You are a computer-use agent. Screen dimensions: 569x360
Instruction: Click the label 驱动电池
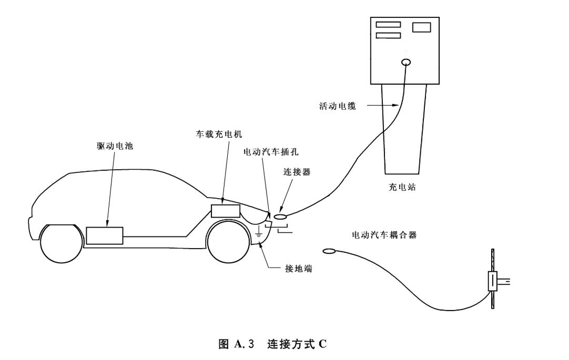[115, 146]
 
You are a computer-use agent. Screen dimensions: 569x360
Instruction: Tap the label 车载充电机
[219, 135]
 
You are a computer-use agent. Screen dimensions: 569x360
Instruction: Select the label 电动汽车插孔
[271, 152]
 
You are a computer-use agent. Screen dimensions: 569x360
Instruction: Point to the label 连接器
[297, 172]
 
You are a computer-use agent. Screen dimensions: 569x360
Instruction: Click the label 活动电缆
[338, 106]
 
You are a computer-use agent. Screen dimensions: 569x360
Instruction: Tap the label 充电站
[402, 188]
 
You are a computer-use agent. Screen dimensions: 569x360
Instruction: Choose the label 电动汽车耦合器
[384, 235]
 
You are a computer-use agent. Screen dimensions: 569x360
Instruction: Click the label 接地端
[298, 269]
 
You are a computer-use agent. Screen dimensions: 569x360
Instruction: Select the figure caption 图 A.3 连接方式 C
[272, 344]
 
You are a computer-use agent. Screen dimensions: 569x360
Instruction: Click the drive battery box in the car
[105, 235]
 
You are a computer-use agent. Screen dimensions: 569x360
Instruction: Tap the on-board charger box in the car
[226, 211]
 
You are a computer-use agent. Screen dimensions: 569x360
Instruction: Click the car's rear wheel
[62, 244]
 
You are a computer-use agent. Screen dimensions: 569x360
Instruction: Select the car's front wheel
[228, 242]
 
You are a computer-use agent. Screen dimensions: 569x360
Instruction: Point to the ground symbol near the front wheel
[258, 232]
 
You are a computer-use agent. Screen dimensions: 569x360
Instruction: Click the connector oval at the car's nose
[280, 217]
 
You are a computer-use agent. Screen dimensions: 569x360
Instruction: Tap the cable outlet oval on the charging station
[407, 63]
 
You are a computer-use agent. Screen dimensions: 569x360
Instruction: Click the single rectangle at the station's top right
[422, 27]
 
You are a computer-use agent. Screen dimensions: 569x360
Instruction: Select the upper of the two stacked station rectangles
[388, 25]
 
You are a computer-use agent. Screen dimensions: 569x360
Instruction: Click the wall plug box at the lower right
[493, 281]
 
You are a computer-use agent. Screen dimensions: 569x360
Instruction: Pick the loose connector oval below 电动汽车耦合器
[330, 251]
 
